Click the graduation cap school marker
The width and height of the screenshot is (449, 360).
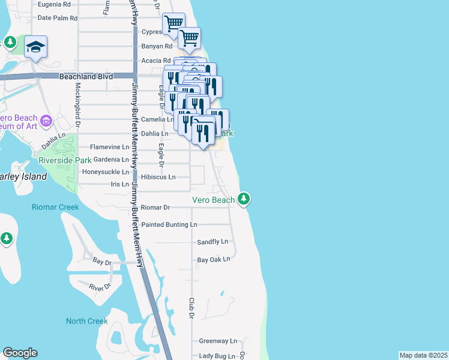coord(36,47)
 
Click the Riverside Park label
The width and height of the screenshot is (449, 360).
coord(65,160)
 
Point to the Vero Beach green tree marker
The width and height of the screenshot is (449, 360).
coord(243,198)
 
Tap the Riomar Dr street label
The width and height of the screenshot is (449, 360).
coord(155,208)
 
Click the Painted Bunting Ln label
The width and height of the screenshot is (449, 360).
coord(169,224)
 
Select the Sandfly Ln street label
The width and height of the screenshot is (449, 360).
coord(212,242)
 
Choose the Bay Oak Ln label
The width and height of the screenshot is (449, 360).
coord(214,260)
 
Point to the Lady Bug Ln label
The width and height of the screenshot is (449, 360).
coord(217,356)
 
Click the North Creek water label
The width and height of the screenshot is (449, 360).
coord(86,321)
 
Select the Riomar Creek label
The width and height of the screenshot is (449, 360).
coord(55,207)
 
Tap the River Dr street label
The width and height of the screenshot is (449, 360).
coord(100,287)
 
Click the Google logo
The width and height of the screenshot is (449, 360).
coord(20,353)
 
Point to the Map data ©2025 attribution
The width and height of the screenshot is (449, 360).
coord(423,355)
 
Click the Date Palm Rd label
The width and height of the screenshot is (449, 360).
coord(58,18)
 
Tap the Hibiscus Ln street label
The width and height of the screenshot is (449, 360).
coord(158,177)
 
